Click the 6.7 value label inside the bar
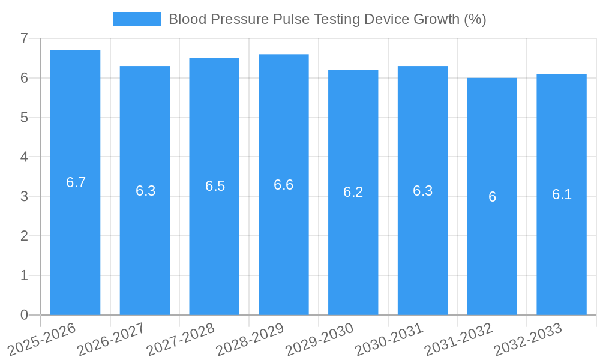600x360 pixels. coord(76,182)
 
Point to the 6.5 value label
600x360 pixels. coord(215,186)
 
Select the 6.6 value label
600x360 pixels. coord(284,185)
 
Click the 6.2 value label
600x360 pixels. coord(353,192)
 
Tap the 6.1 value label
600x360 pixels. coord(562,194)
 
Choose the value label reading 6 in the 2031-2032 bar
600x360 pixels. coord(492,197)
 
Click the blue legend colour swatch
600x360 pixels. coord(137,19)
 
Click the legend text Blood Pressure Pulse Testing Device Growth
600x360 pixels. coord(327,19)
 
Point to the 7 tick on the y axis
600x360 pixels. coord(24,38)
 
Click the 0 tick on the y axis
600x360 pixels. coord(24,315)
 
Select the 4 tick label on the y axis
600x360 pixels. coord(24,157)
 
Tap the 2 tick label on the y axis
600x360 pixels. coord(24,236)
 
